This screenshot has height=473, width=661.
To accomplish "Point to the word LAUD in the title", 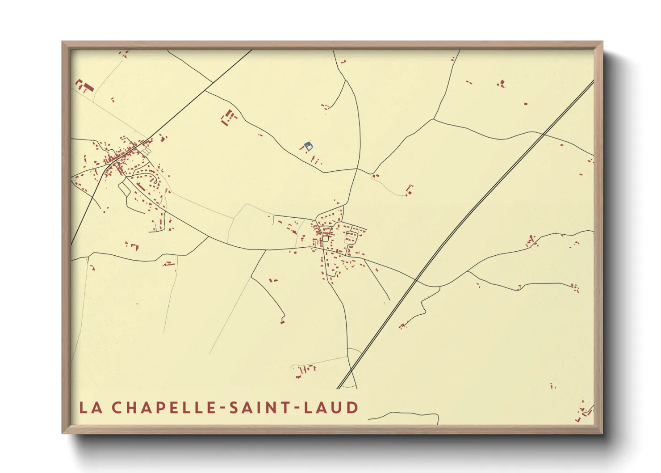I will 331,408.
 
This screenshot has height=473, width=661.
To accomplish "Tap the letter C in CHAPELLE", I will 117,408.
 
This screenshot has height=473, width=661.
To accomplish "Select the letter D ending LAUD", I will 353,408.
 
